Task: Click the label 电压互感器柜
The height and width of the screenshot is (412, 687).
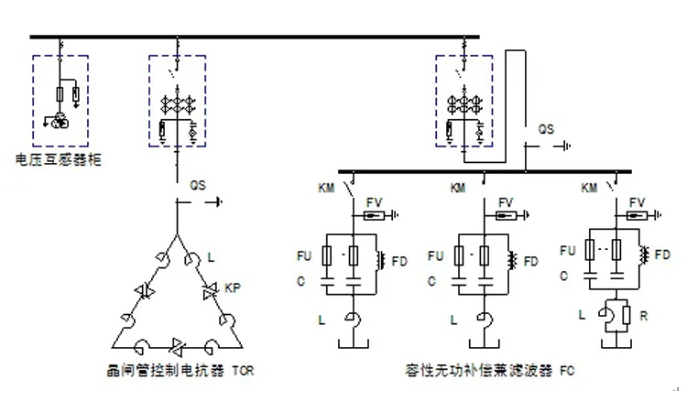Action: click(59, 160)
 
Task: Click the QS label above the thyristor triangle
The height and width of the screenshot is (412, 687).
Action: click(198, 185)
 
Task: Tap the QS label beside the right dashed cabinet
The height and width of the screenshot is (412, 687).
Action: click(546, 130)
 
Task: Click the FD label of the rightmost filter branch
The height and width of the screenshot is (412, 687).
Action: click(663, 251)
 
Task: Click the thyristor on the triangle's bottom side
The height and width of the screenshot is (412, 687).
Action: click(177, 345)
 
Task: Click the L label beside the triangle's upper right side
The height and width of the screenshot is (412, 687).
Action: click(210, 259)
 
